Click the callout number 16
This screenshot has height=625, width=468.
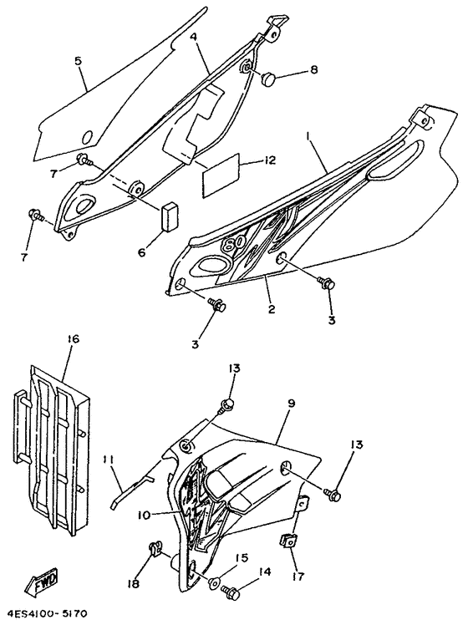pyautogui.click(x=74, y=339)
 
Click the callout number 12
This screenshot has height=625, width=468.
pyautogui.click(x=269, y=160)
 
